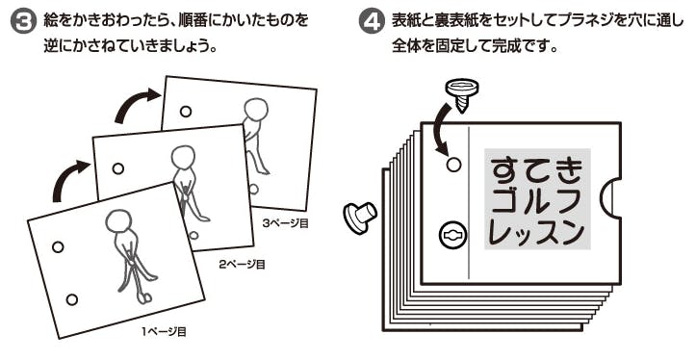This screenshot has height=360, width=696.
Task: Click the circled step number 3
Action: point(22,22)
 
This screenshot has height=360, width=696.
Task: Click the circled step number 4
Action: point(371,22)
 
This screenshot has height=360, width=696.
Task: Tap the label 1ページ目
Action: point(165,331)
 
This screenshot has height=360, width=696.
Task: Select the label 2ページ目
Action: point(243,265)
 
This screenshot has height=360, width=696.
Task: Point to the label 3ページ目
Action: point(285,223)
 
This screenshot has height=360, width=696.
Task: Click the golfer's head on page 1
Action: point(119,220)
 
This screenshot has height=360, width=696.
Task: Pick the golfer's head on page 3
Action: point(256,110)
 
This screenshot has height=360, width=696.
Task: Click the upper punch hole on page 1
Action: point(58,247)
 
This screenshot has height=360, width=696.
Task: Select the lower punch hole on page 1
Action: point(72,299)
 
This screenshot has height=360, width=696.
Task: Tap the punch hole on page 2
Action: point(118,168)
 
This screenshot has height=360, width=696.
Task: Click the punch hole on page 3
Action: point(186,112)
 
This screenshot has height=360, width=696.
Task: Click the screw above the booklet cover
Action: point(462,94)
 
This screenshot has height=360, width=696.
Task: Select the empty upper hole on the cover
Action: point(453,165)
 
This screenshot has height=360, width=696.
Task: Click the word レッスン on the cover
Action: point(536,232)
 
